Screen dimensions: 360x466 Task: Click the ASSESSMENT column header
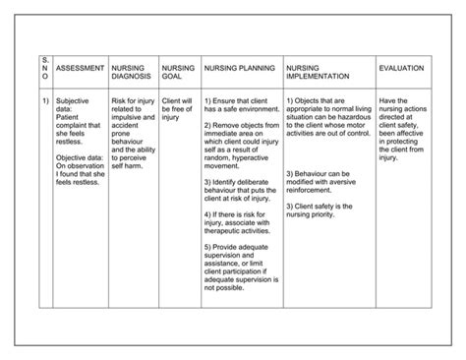[81, 69]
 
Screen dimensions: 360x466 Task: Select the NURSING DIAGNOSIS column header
[133, 73]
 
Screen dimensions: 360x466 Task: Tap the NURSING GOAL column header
[178, 73]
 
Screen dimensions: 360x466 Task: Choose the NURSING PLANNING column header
[239, 69]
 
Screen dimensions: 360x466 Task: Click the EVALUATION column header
[401, 69]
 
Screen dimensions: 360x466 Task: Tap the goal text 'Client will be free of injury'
[178, 109]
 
